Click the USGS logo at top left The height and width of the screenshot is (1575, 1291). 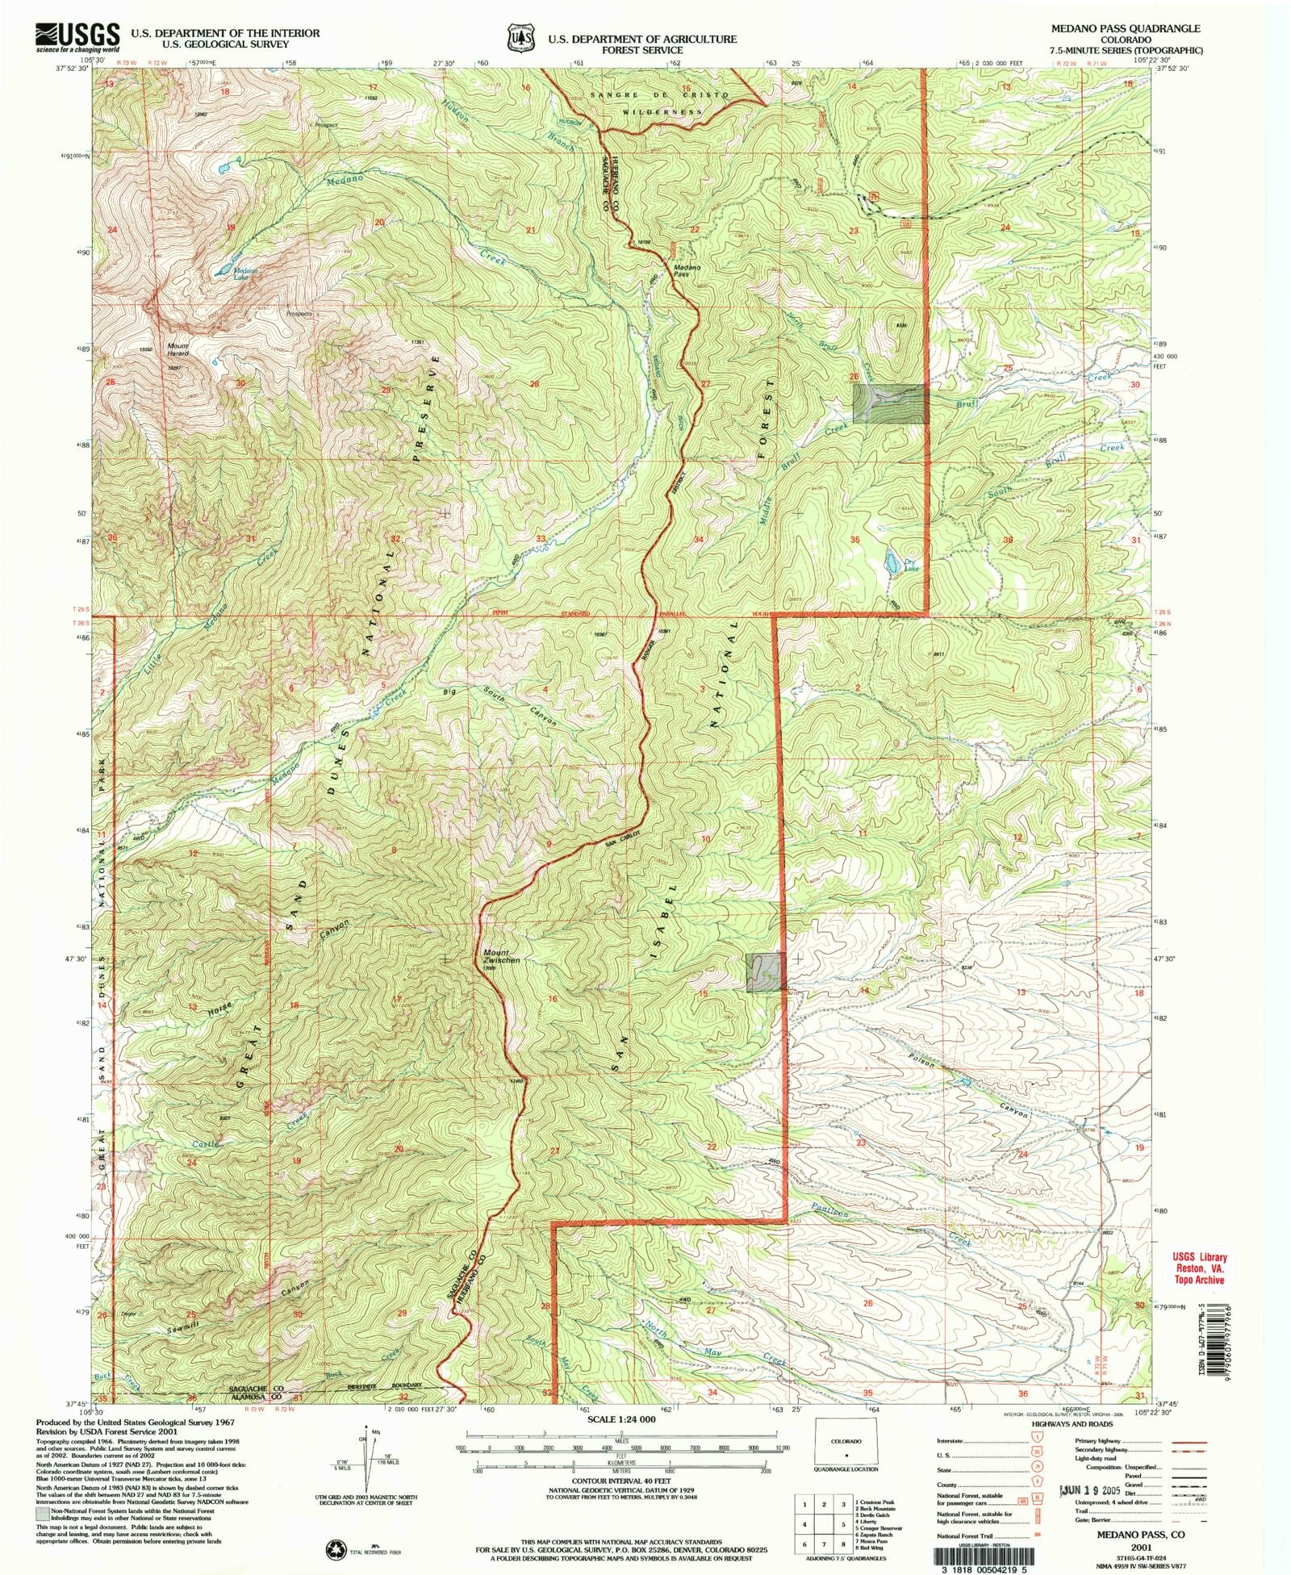coord(77,37)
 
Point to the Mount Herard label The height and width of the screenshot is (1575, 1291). coord(178,350)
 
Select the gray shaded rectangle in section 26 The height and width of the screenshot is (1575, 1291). coord(890,403)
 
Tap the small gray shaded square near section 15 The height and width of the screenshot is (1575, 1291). coord(764,971)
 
